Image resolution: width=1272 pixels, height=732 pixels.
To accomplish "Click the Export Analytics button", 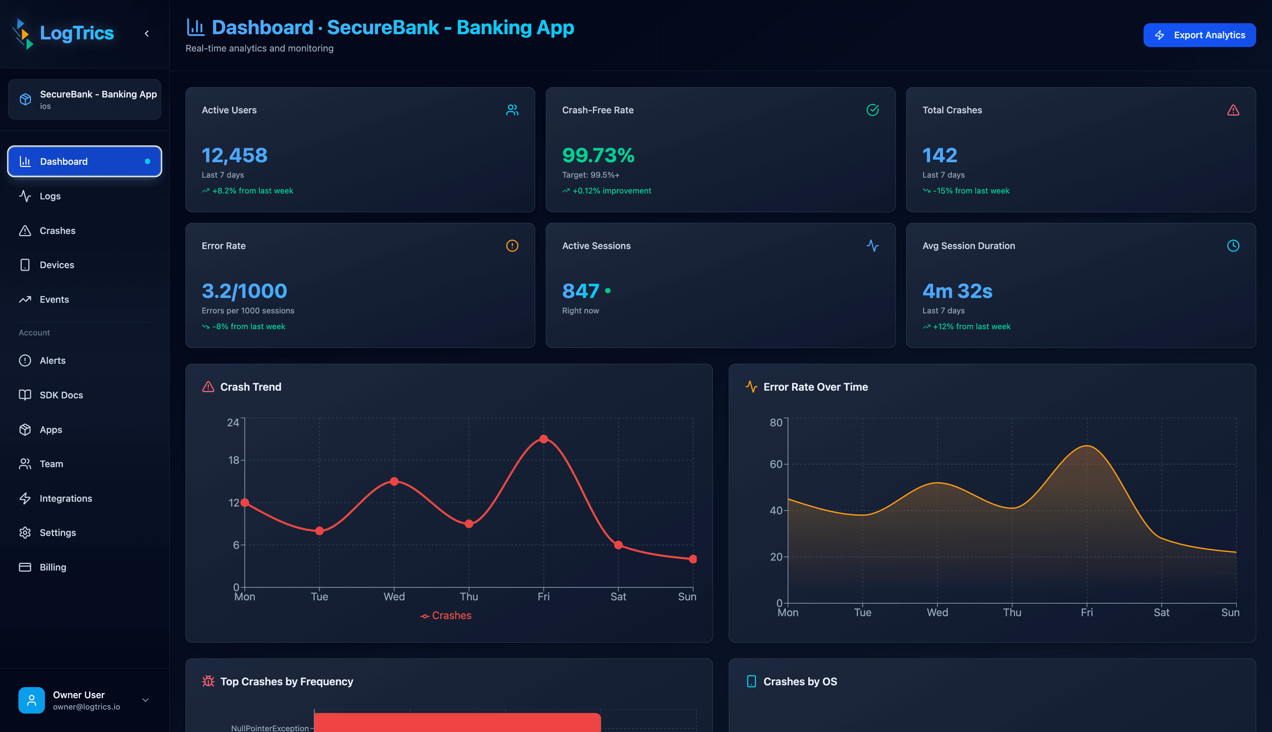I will pyautogui.click(x=1199, y=35).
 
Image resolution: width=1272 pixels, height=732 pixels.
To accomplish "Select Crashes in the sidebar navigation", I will pyautogui.click(x=57, y=231).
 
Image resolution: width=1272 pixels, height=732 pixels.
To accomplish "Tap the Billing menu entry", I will pyautogui.click(x=52, y=567).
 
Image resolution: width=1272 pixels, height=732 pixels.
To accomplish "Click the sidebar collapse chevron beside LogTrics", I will pyautogui.click(x=147, y=34).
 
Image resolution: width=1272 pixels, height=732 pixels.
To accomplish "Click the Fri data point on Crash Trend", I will pyautogui.click(x=543, y=439).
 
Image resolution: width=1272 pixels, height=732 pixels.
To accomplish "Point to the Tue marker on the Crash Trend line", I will pyautogui.click(x=319, y=531).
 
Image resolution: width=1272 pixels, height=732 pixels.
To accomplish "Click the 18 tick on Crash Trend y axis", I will pyautogui.click(x=233, y=460).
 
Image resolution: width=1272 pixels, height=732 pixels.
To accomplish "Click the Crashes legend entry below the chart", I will pyautogui.click(x=446, y=615).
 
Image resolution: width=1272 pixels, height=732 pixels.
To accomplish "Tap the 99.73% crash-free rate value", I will pyautogui.click(x=598, y=155).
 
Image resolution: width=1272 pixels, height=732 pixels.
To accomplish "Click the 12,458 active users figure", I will pyautogui.click(x=234, y=155).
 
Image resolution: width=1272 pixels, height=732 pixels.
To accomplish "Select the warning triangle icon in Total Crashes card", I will pyautogui.click(x=1233, y=110).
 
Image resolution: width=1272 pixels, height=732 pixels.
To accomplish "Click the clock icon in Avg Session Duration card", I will pyautogui.click(x=1233, y=246).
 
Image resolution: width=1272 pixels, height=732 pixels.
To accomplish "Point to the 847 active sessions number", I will pyautogui.click(x=580, y=291).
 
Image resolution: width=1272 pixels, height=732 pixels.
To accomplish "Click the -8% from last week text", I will pyautogui.click(x=248, y=326).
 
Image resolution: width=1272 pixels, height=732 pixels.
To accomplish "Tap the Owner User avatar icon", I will pyautogui.click(x=31, y=700).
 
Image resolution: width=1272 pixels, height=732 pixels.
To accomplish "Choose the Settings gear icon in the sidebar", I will pyautogui.click(x=25, y=532).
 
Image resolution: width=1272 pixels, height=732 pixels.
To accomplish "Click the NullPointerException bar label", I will pyautogui.click(x=269, y=728).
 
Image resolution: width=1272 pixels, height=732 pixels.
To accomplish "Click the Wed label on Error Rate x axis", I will pyautogui.click(x=937, y=612).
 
